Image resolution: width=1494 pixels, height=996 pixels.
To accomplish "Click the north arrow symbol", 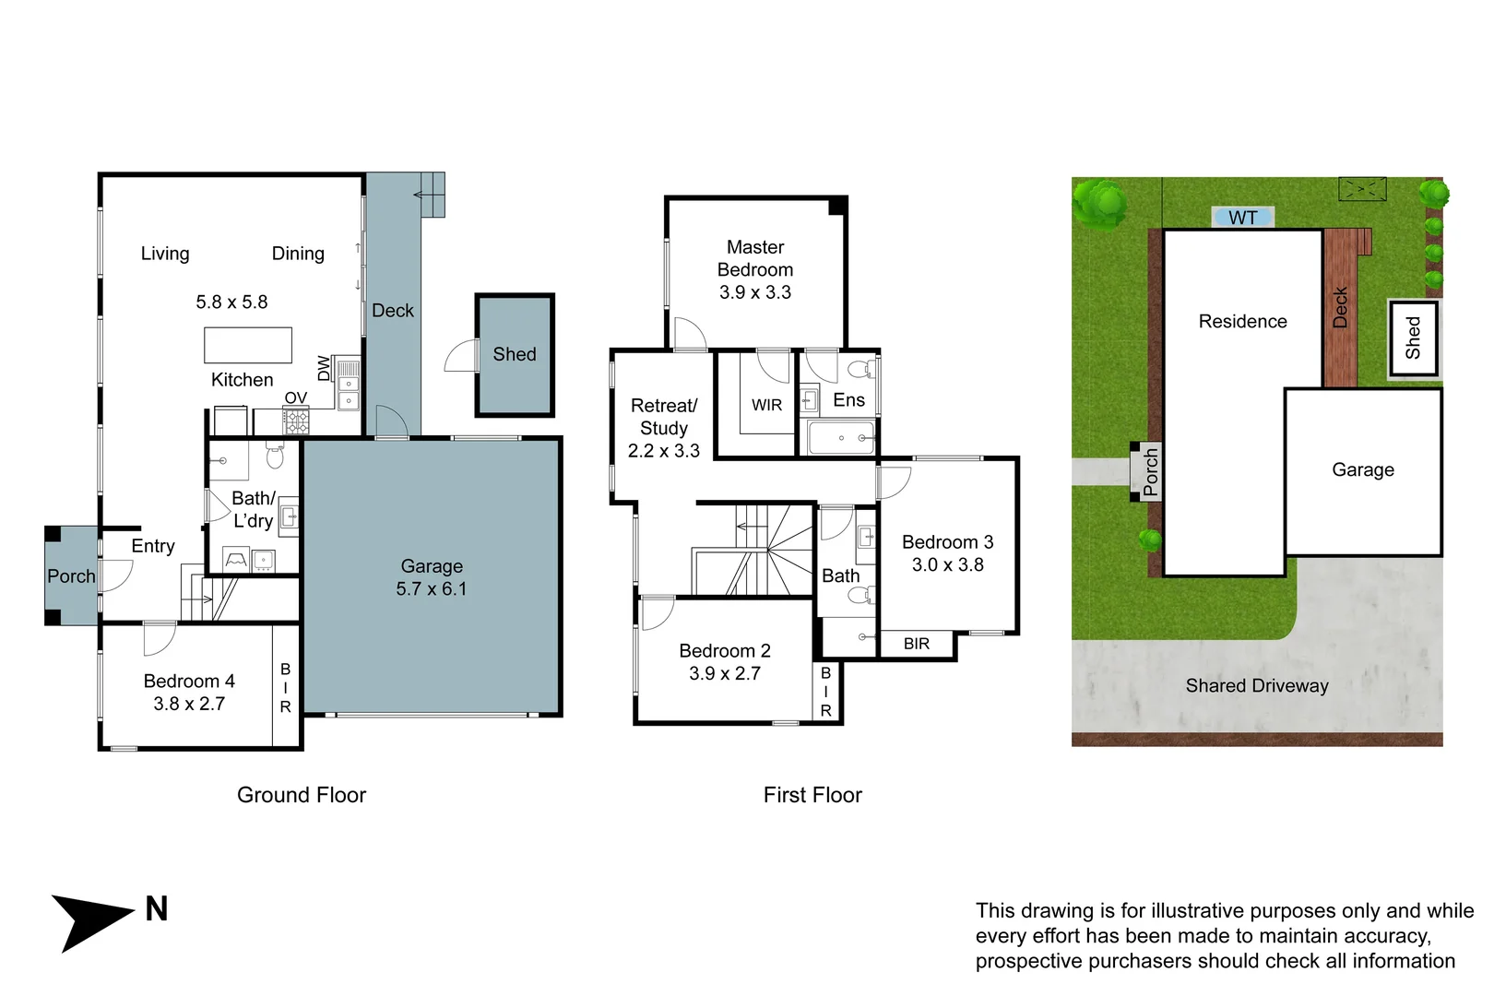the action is tap(87, 920).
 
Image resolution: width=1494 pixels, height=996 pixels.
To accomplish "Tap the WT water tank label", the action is tap(1242, 218).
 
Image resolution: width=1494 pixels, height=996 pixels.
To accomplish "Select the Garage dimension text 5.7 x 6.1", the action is tap(432, 588).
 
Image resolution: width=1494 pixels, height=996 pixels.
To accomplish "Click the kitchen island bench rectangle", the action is tap(248, 345).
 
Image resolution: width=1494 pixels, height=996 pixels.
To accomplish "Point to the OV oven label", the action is tap(295, 397).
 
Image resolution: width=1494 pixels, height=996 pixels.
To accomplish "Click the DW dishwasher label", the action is tap(324, 368).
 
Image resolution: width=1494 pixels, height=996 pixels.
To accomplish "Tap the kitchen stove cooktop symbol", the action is tap(296, 421).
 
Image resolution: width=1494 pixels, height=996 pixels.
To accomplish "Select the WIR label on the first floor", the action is tap(766, 405).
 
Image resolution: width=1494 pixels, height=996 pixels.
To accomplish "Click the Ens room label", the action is tap(849, 399).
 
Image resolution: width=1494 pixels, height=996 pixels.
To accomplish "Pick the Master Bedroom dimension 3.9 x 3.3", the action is tap(755, 292).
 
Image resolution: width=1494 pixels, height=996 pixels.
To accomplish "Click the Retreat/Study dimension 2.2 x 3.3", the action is tap(664, 451).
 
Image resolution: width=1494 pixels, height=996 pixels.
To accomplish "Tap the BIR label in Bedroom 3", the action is tap(917, 644).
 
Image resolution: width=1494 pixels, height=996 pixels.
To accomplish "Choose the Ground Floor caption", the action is tap(302, 795).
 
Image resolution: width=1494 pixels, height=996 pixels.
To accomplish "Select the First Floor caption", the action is tap(812, 795).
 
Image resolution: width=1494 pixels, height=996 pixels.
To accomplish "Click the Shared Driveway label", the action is tap(1257, 686).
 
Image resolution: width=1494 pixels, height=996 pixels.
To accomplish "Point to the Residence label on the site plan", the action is tap(1242, 322).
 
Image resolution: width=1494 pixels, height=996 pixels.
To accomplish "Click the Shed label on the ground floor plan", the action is tap(515, 353).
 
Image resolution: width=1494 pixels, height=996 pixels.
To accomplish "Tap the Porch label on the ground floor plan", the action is tap(71, 575).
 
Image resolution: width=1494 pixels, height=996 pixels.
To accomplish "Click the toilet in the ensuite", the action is tap(861, 368).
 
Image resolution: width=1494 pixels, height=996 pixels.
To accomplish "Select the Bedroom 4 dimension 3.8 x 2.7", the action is tap(189, 704).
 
